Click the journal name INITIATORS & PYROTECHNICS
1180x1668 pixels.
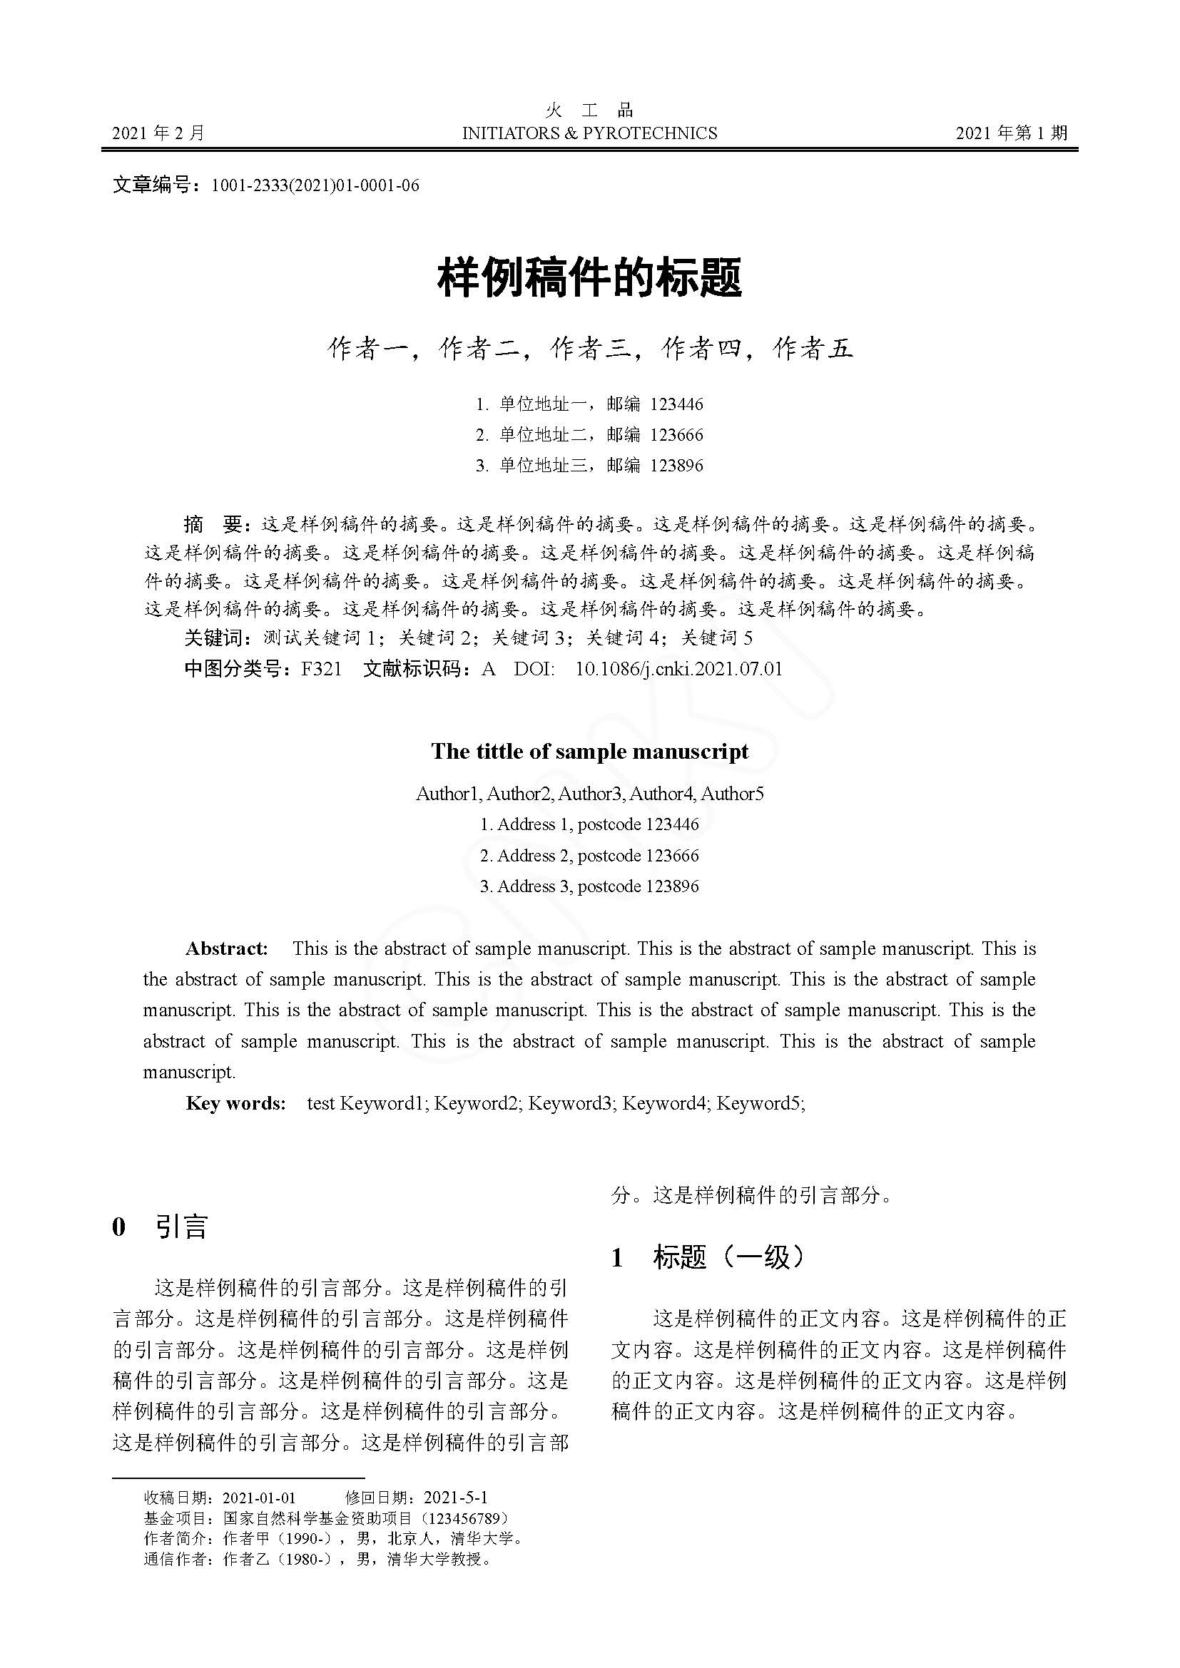pos(589,133)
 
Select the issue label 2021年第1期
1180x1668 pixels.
pos(1012,133)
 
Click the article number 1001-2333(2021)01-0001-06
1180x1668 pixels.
pos(315,186)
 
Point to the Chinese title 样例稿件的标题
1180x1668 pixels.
pos(589,279)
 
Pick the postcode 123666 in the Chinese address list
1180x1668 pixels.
pos(676,435)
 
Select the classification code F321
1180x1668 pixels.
pos(321,669)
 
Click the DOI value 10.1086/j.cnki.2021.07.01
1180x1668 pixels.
pos(678,669)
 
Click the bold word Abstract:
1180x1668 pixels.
pos(227,948)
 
